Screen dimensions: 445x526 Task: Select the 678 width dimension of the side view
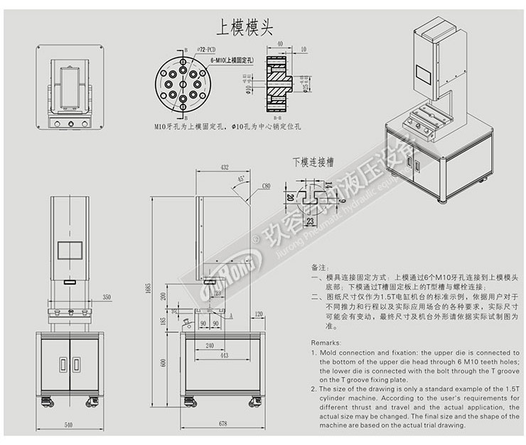click(222, 424)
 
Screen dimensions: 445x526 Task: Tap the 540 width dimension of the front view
click(69, 424)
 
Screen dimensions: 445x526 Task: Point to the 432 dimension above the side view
click(224, 168)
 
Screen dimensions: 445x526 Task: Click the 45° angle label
click(242, 178)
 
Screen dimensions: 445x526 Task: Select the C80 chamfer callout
click(266, 186)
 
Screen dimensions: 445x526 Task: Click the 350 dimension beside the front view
click(107, 297)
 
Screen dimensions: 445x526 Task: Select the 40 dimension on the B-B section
click(281, 43)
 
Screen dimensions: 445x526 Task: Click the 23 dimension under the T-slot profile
click(311, 221)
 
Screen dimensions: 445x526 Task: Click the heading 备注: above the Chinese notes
click(318, 267)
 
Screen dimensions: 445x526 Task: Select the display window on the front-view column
click(69, 251)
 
